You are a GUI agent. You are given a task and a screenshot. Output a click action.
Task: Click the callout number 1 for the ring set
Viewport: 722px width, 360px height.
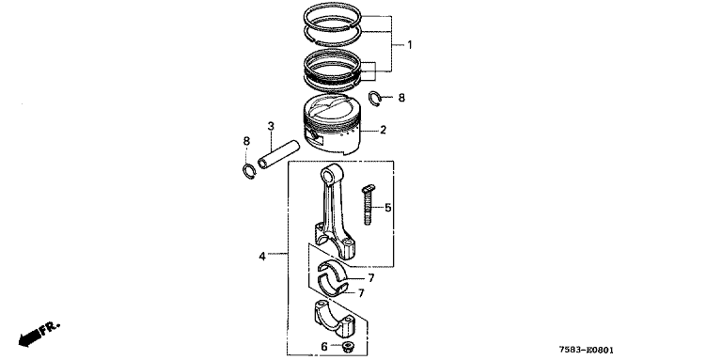tap(409, 45)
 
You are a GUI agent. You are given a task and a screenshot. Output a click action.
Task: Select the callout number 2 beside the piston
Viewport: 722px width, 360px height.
tap(384, 130)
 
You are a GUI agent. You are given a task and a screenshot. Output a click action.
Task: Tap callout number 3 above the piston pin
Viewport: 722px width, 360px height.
tap(271, 126)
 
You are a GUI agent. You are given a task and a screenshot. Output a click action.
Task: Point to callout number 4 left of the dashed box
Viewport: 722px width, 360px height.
tap(262, 256)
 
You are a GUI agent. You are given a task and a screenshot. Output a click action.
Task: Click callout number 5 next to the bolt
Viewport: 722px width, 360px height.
tap(388, 208)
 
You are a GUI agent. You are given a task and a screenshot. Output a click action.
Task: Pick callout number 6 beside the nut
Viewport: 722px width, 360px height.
tap(324, 347)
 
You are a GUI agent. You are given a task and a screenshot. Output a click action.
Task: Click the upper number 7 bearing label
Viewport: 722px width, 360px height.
tap(370, 278)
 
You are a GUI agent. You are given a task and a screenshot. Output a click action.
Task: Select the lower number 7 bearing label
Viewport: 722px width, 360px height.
tap(361, 292)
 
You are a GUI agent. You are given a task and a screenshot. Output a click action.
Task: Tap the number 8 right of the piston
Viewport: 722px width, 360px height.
tap(401, 98)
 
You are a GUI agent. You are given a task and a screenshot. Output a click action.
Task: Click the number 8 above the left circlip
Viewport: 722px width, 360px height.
tap(246, 141)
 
